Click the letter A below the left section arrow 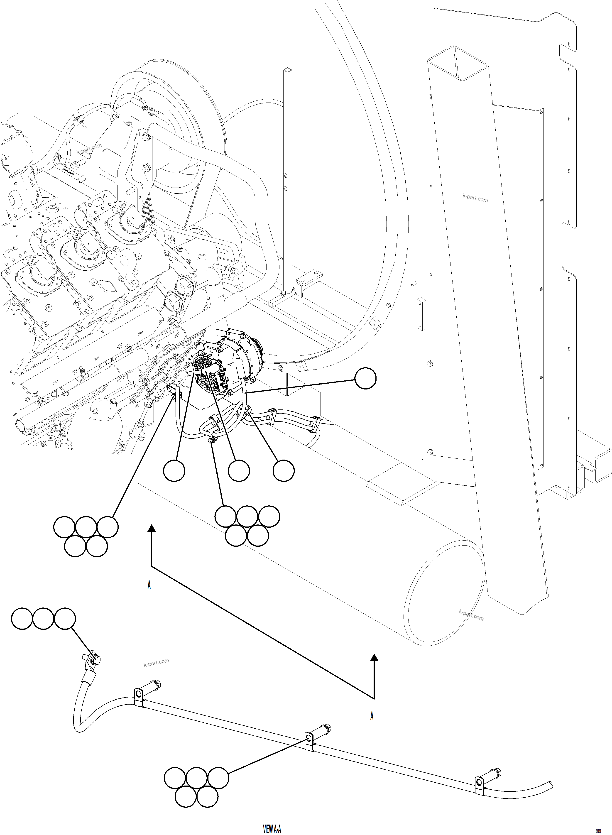pos(149,585)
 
